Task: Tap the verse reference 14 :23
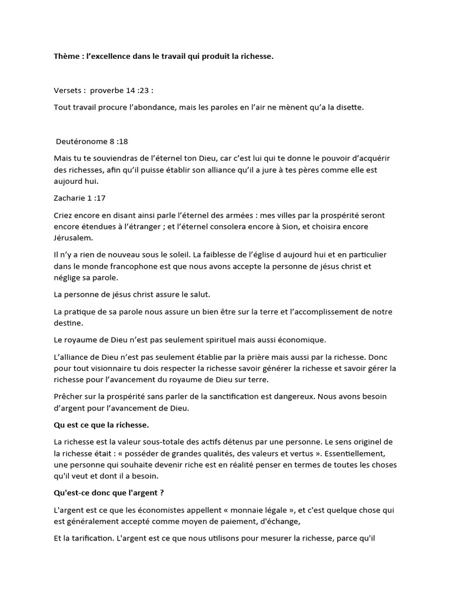[x=137, y=91]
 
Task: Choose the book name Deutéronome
[x=79, y=141]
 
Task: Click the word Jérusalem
[x=72, y=238]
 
